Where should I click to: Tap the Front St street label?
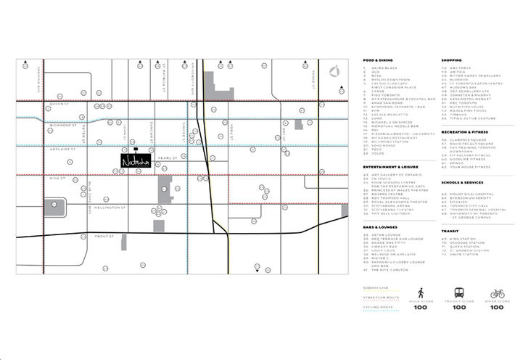[x=104, y=236]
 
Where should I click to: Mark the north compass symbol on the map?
[x=334, y=71]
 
